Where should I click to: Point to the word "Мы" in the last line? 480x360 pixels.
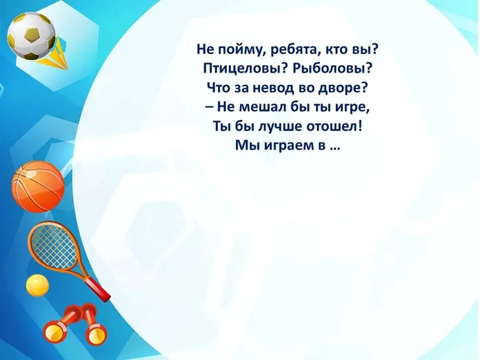click(245, 146)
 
